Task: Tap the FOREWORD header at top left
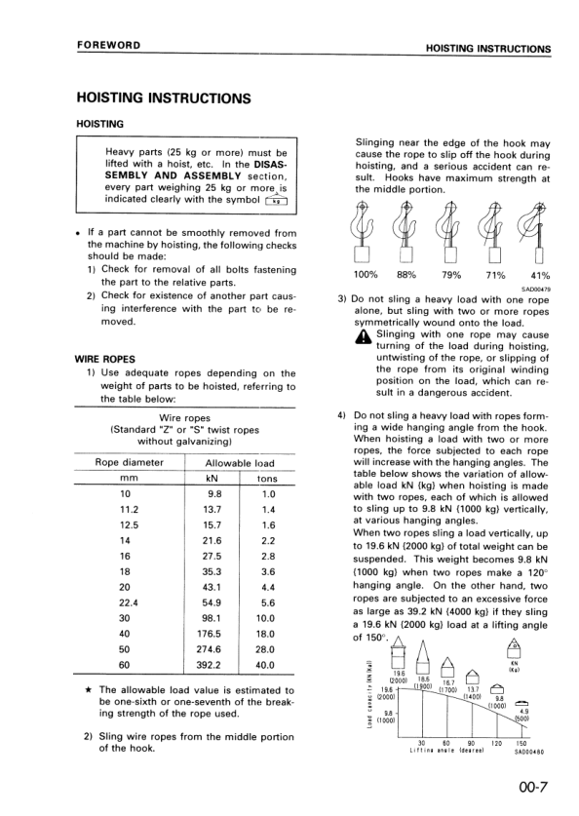point(110,46)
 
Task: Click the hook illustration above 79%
point(451,234)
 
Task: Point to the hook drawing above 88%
point(407,234)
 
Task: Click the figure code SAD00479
point(537,288)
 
